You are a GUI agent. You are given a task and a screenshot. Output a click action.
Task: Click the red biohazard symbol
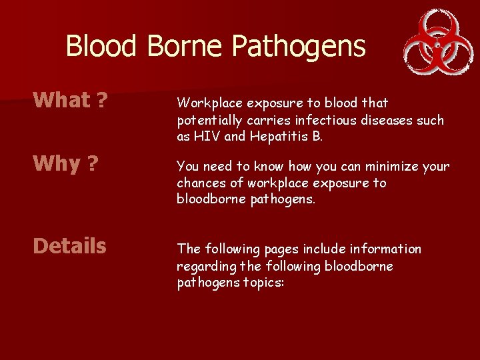[434, 41]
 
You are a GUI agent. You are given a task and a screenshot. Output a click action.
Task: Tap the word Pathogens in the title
[299, 47]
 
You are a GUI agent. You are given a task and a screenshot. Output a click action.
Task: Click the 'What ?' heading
[71, 100]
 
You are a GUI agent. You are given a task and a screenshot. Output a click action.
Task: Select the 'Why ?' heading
[66, 164]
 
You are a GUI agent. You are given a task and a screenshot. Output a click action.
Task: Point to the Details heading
[69, 246]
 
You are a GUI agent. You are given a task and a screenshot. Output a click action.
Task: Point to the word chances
[200, 183]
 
